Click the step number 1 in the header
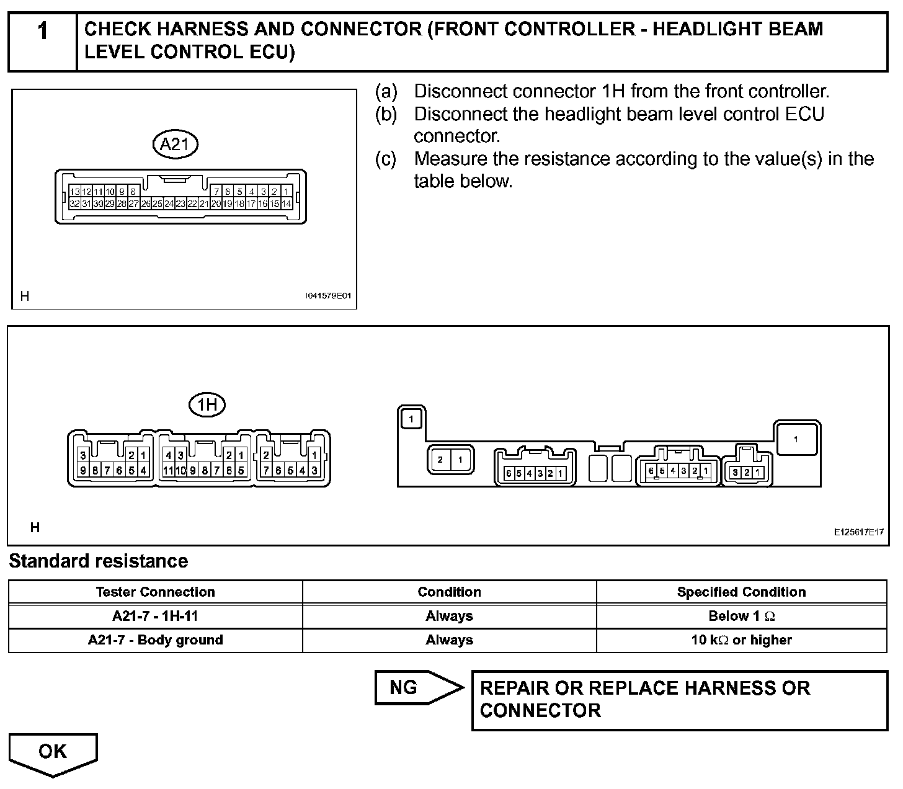coord(42,32)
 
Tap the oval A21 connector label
coord(175,145)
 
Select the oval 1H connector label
coord(207,405)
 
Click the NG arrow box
coord(418,687)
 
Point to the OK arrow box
coord(53,752)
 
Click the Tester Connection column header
coord(155,592)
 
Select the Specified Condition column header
coord(741,592)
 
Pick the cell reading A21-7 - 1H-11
coord(155,616)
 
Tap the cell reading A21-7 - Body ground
coord(155,640)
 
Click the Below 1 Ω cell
coord(741,616)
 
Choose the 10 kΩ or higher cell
coord(741,640)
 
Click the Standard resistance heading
coord(98,561)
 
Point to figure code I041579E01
coord(327,296)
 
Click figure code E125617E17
coord(858,532)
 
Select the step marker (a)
coord(385,92)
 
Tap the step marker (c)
coord(385,159)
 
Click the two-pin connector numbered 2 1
coord(450,460)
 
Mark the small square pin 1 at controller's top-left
coord(411,419)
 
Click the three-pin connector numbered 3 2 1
coord(747,472)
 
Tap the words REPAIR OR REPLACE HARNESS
coord(645,689)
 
